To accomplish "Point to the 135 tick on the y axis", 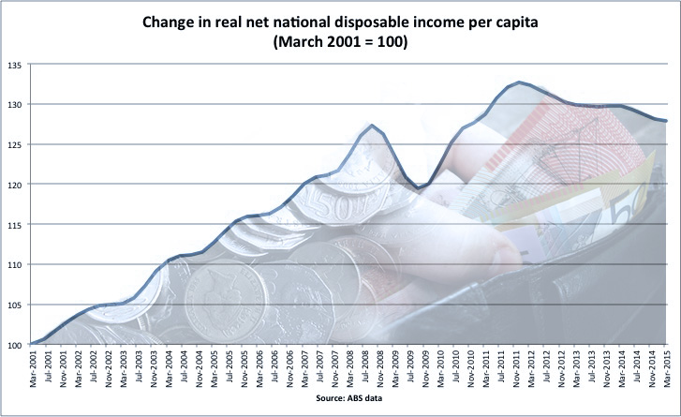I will point(16,65).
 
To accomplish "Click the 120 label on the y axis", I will point(16,185).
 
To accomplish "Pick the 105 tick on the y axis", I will point(16,305).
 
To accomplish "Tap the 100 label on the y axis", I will point(16,345).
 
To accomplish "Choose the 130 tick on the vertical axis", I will point(16,104).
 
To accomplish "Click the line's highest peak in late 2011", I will point(519,82).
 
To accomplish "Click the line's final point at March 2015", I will point(666,120).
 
